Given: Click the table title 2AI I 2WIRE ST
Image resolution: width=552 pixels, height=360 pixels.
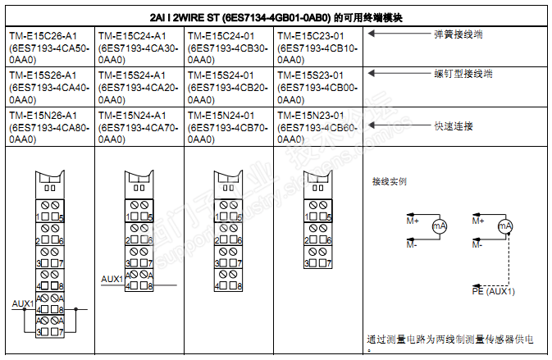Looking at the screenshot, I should [x=276, y=16].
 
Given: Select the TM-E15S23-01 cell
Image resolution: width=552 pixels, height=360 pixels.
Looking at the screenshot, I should [x=318, y=87].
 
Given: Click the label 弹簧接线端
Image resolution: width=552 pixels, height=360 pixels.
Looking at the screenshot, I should [x=458, y=34].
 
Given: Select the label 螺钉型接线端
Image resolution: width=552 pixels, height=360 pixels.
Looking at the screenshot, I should [x=463, y=74].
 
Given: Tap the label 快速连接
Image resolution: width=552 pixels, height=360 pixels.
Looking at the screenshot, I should [x=453, y=126].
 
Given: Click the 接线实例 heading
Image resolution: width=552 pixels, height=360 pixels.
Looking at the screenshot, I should [x=389, y=182].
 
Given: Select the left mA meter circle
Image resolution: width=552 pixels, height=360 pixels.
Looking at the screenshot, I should [x=439, y=226].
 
